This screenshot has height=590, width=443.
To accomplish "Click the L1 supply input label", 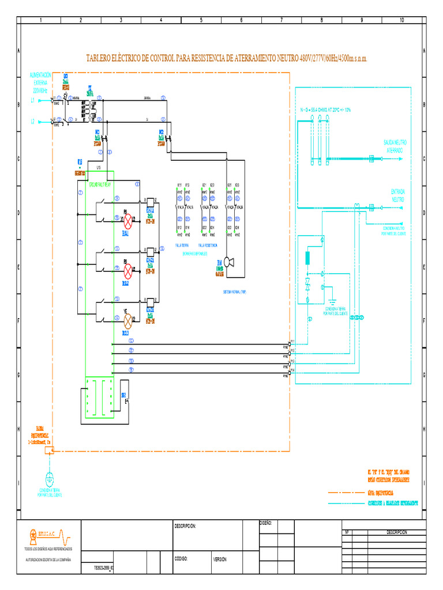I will (x=33, y=100).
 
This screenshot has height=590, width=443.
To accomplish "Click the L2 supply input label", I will (x=33, y=122).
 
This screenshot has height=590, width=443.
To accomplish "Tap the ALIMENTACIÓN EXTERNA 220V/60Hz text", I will (x=40, y=82).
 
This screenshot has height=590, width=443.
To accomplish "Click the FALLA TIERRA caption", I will (x=183, y=245).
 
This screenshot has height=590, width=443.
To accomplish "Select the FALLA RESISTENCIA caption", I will (x=208, y=245).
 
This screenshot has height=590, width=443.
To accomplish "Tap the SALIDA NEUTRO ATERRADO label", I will (x=396, y=146).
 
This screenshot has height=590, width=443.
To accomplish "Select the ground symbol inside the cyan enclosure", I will (x=332, y=300).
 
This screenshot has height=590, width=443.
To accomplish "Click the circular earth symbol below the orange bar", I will (x=50, y=479).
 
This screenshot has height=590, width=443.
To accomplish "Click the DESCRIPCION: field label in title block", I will (x=186, y=526).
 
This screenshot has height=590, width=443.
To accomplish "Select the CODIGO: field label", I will (x=182, y=559).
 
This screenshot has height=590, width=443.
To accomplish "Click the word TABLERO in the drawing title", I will (x=100, y=59).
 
